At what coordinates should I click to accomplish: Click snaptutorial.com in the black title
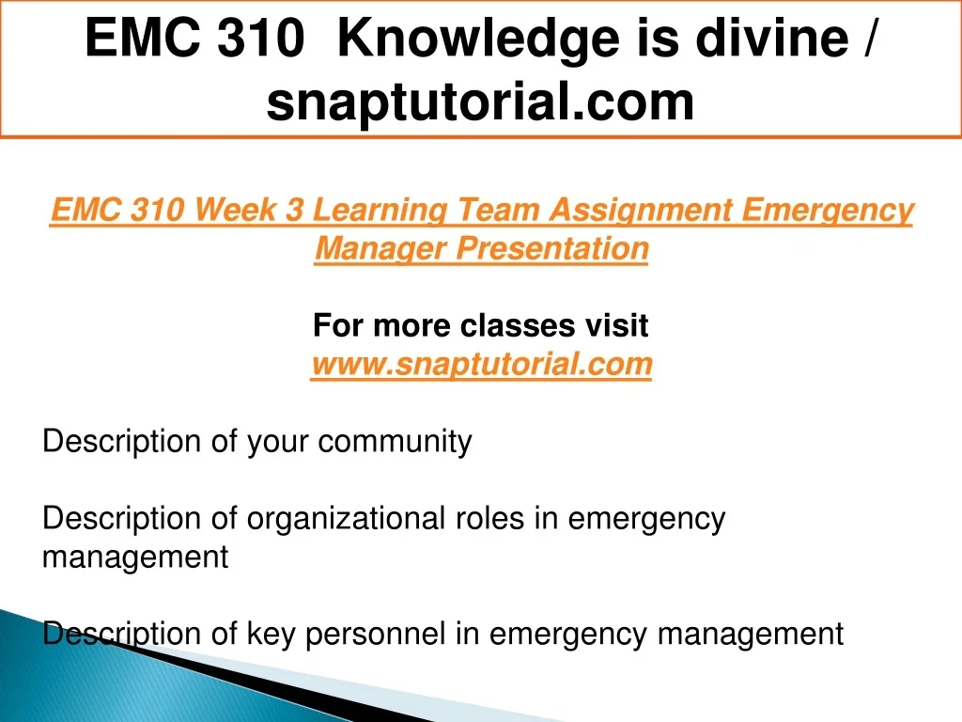pos(480,102)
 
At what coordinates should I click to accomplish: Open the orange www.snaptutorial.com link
pos(482,364)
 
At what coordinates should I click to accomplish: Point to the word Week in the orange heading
pos(236,210)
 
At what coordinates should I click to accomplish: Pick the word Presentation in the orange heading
pos(552,248)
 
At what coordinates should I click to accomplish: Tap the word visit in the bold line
pos(616,324)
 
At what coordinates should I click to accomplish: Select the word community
pos(396,442)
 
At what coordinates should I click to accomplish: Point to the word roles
pos(489,519)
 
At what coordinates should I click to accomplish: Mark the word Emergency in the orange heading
pos(828,211)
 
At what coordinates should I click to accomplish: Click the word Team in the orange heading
pos(499,210)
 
